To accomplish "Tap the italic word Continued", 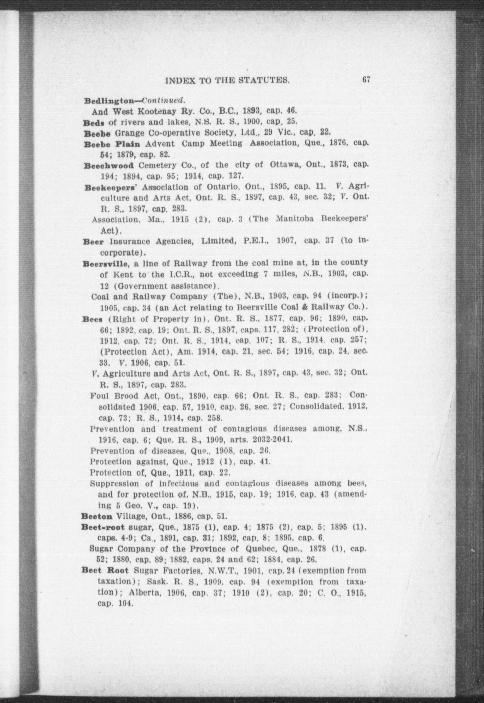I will pyautogui.click(x=164, y=100).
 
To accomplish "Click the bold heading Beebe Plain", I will pyautogui.click(x=112, y=144).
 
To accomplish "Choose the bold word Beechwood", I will pyautogui.click(x=108, y=166).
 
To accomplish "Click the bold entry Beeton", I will pyautogui.click(x=97, y=516).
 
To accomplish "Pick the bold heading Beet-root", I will pyautogui.click(x=103, y=527).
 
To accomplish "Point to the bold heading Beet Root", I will pyautogui.click(x=105, y=571).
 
